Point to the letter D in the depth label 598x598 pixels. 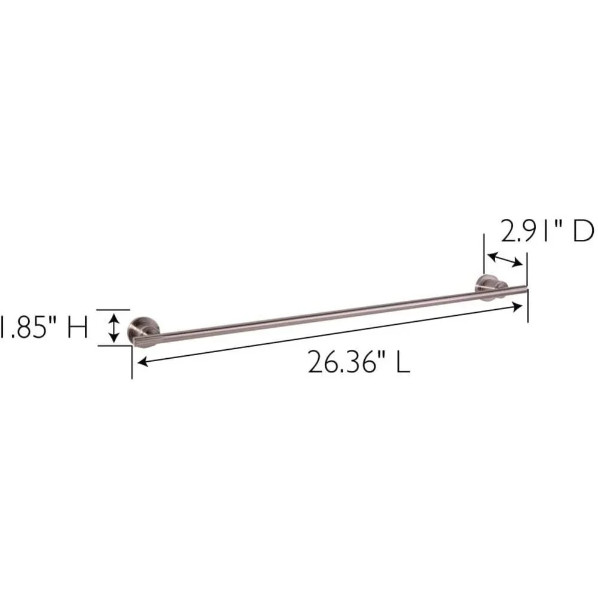(583, 231)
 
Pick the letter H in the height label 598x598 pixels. (78, 327)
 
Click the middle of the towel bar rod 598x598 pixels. (331, 315)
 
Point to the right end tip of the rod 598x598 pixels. (527, 289)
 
